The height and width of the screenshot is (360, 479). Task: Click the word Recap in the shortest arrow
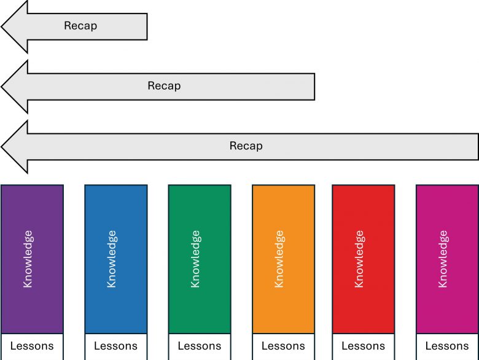pos(80,26)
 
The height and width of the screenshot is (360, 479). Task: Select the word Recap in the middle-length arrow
pos(164,86)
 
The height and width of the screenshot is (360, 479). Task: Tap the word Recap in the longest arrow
pos(246,146)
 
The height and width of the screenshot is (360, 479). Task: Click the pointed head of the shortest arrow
pos(14,26)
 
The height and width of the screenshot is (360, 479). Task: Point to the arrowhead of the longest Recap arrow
pos(14,146)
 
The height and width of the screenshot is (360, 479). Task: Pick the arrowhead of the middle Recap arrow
pos(14,86)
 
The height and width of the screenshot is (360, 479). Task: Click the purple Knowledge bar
pos(32,259)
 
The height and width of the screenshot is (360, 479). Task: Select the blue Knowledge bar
pos(116,259)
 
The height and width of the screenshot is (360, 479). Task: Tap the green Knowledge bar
pos(200,259)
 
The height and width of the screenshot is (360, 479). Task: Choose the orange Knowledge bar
pos(283,259)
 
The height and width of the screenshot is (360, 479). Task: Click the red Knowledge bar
pos(363,259)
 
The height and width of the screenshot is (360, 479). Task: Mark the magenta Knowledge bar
pos(447,259)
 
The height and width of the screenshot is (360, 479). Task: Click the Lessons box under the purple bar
pos(32,346)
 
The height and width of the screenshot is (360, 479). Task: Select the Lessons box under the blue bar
pos(116,346)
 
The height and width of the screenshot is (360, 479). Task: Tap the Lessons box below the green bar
pos(200,346)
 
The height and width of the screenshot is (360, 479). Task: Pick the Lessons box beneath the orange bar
pos(283,346)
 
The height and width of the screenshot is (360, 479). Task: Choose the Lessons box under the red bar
pos(363,346)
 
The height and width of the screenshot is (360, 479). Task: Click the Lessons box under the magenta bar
pos(447,346)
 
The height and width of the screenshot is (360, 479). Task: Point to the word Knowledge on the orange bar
pos(279,259)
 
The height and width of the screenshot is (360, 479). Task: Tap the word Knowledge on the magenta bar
pos(443,259)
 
